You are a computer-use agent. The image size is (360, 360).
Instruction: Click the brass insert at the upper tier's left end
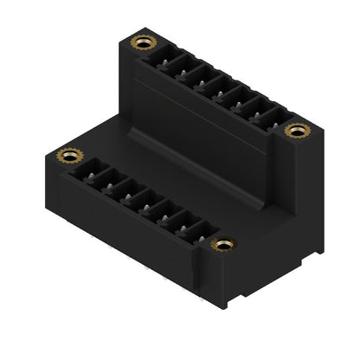(x=140, y=42)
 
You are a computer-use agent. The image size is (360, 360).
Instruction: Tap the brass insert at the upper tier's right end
(x=297, y=130)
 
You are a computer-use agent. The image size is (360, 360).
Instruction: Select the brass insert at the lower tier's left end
(x=67, y=156)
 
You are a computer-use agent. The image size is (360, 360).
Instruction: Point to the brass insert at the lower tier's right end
(x=223, y=245)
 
